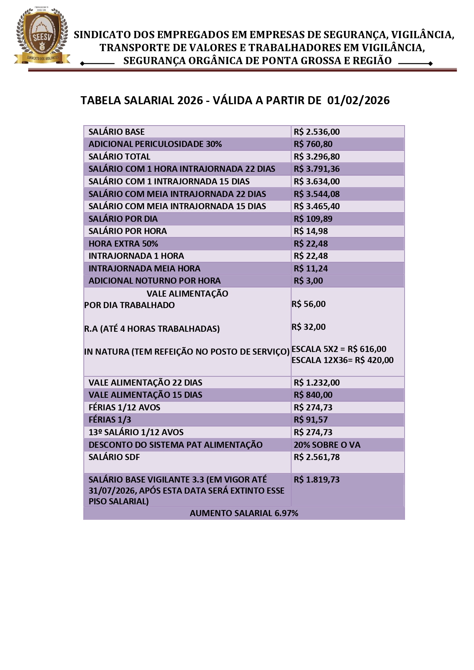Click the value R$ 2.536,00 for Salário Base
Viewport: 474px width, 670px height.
(x=316, y=132)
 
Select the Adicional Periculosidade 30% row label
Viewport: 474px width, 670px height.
(x=155, y=144)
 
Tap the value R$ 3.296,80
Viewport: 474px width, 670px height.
(x=316, y=157)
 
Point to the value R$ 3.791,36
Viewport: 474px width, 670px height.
(x=316, y=169)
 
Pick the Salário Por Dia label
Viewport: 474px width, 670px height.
(x=123, y=219)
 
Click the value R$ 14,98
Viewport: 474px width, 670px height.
(x=311, y=231)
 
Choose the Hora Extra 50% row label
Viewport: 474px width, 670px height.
(x=123, y=244)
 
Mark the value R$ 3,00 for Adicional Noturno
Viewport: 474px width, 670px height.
(x=308, y=281)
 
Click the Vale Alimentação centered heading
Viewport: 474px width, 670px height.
(x=187, y=294)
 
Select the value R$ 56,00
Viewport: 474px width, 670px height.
(x=309, y=304)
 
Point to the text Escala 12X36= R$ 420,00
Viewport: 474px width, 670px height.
(x=342, y=360)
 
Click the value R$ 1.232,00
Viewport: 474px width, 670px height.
(x=316, y=383)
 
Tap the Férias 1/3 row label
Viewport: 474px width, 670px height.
(x=110, y=420)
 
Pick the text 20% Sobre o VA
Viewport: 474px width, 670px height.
(x=327, y=445)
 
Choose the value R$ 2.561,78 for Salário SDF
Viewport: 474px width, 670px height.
(x=316, y=457)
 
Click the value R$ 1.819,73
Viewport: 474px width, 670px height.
(x=316, y=479)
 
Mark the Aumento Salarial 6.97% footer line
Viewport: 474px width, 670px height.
(x=244, y=513)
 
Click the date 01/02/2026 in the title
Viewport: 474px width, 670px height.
(x=358, y=100)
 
